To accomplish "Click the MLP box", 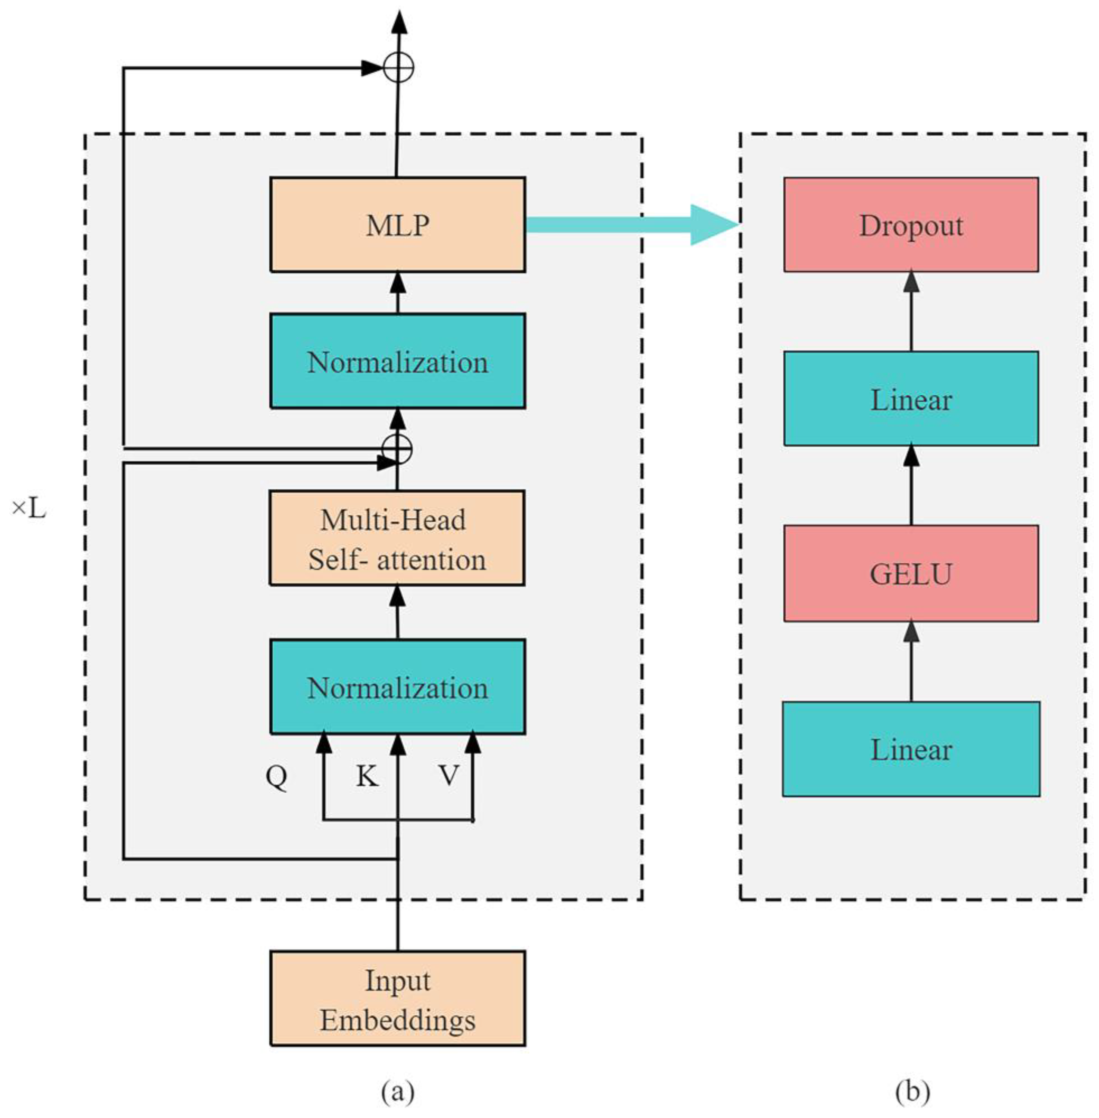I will coord(398,224).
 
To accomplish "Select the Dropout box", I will coord(911,224).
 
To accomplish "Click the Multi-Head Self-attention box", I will coord(397,538).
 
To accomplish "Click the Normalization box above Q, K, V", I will coord(398,687).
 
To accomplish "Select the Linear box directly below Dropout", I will coord(911,399).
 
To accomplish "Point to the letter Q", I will coord(276,777).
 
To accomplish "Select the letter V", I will coord(449,776).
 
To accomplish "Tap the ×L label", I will coord(29,509).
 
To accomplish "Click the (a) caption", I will coord(398,1091).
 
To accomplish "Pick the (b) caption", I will coord(912,1091).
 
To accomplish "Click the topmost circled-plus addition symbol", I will coord(399,68).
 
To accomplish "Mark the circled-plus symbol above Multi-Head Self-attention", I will coord(397,449).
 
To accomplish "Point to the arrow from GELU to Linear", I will coord(911,484).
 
